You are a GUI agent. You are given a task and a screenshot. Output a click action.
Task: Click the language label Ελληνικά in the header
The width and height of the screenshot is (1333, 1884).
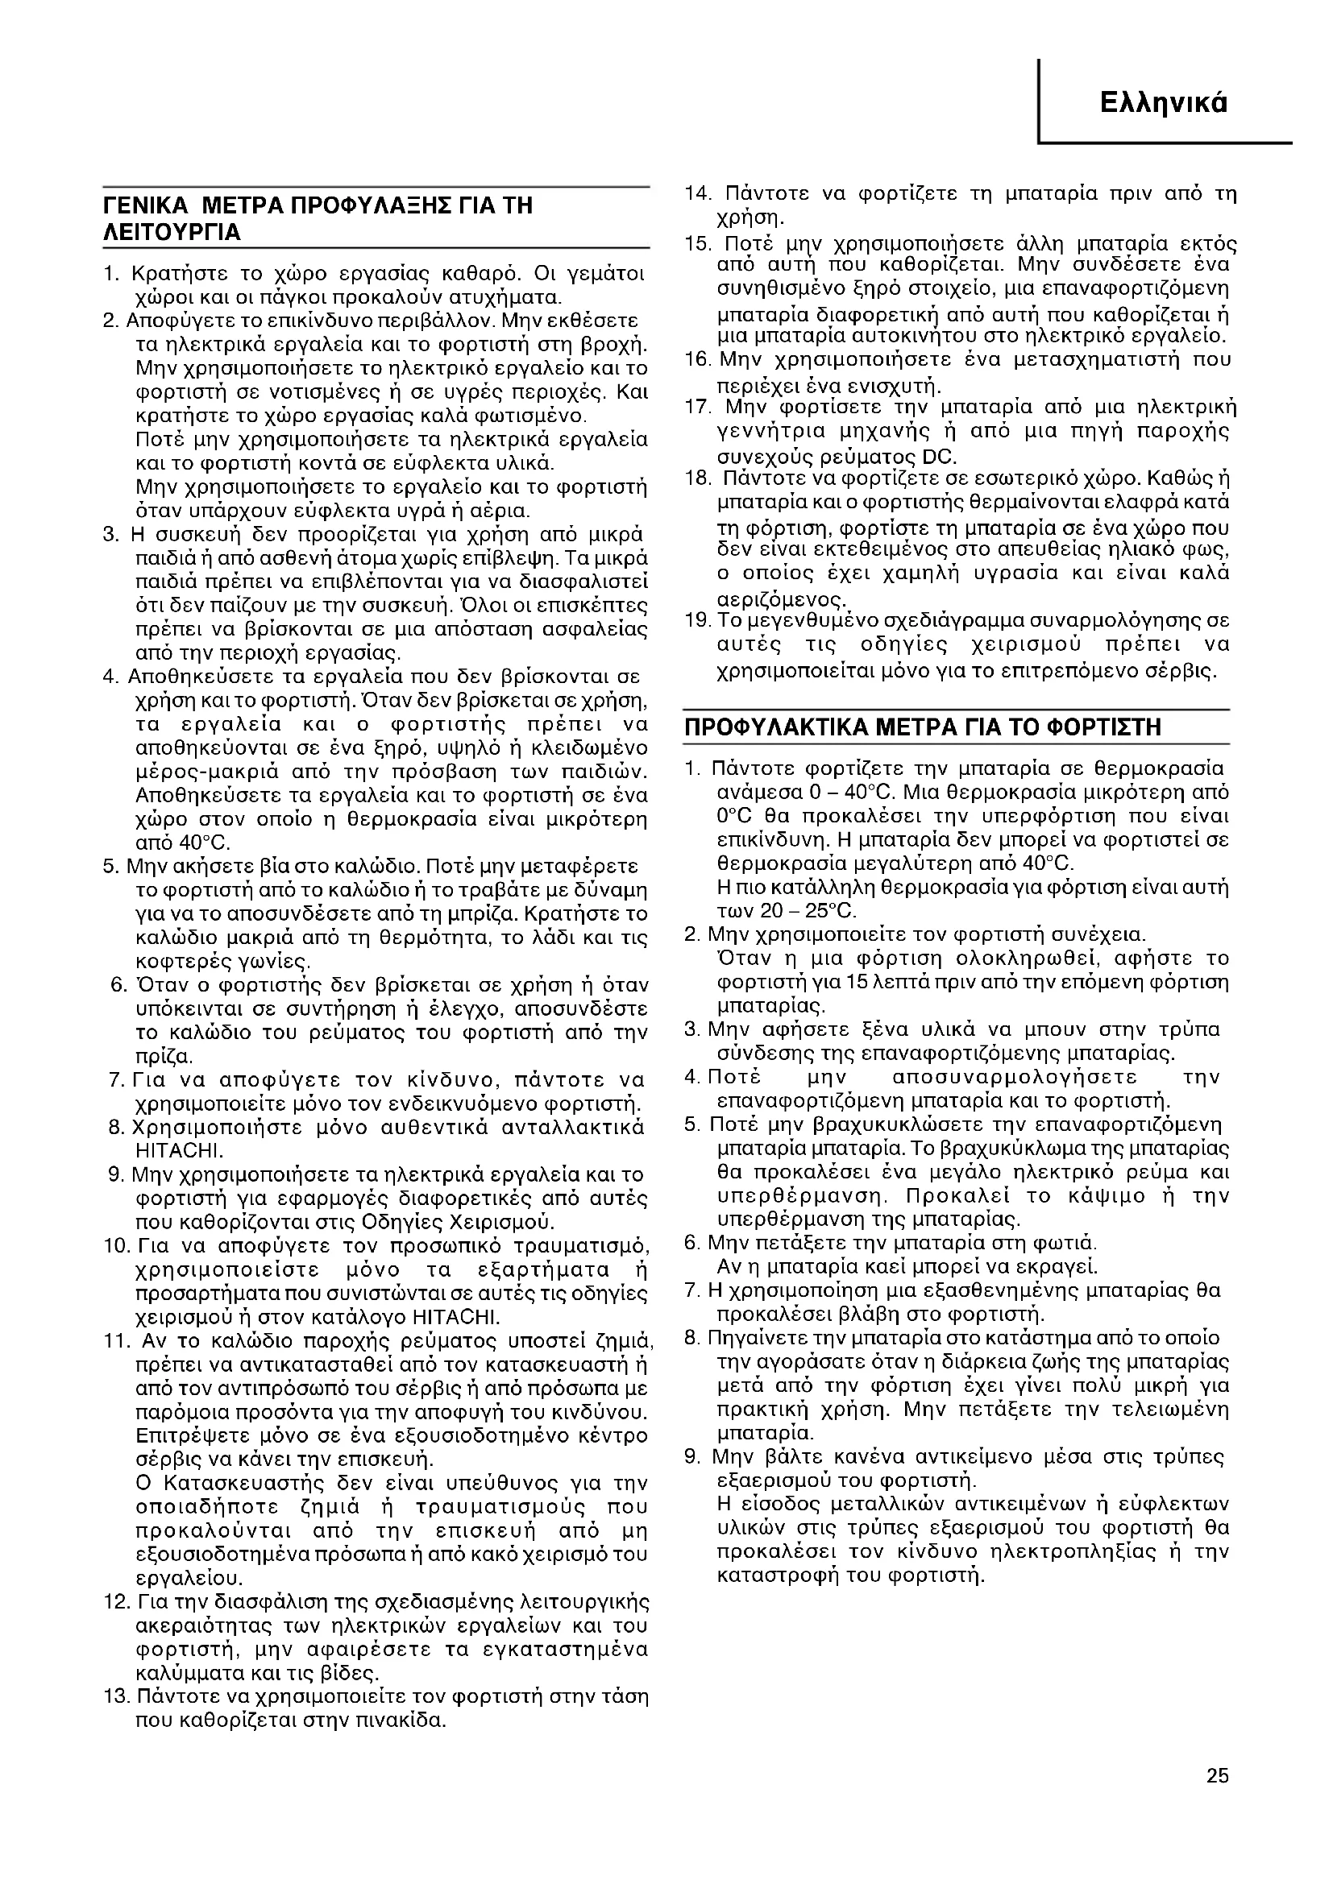1164,102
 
